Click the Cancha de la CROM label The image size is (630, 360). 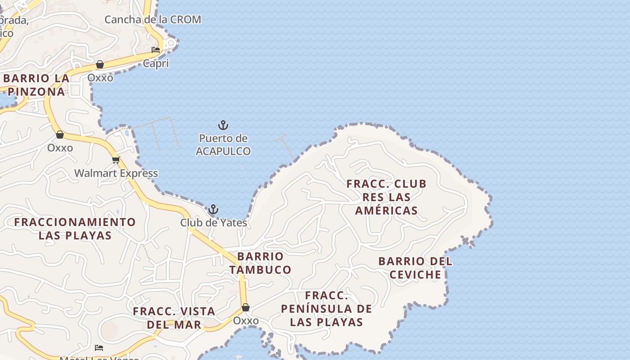153,20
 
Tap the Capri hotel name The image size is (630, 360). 156,63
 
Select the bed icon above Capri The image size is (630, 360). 156,50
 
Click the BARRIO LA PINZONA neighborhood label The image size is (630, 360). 36,85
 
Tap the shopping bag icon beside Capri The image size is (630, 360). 100,65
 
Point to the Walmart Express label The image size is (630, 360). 116,173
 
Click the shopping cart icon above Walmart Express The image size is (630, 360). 116,160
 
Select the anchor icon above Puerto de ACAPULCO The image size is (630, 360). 223,125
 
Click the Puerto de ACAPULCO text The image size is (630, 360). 223,145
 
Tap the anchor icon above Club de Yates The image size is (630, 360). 213,209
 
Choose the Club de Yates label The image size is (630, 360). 214,223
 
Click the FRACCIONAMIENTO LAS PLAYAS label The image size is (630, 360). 75,229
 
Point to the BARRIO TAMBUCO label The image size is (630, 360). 260,263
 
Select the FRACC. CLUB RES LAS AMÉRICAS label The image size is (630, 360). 387,197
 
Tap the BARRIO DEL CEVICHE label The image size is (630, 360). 415,268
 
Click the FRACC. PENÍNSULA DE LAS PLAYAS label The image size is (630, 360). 327,309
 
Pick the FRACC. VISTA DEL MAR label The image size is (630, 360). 174,318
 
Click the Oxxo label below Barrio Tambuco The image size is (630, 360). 246,321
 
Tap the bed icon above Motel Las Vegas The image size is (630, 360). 99,348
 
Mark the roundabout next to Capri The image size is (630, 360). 171,43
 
